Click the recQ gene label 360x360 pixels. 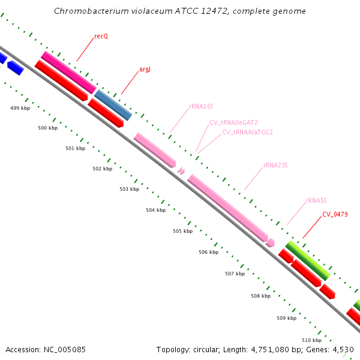tap(101, 37)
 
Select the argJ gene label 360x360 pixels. tap(145, 70)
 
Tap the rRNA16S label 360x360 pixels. tap(201, 107)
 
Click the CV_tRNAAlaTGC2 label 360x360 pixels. tap(247, 132)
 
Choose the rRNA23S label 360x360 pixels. tap(275, 165)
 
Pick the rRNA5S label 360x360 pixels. tap(316, 200)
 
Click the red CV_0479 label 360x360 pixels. tap(335, 214)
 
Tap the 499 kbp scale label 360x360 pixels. tap(20, 108)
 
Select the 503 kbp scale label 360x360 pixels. tap(129, 189)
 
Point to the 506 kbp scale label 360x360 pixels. tap(208, 252)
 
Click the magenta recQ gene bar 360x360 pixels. tap(68, 72)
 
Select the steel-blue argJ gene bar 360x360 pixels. tap(113, 105)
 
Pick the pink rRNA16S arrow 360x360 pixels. tap(154, 149)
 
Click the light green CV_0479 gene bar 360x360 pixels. tap(308, 260)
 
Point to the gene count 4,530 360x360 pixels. tap(342, 349)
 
